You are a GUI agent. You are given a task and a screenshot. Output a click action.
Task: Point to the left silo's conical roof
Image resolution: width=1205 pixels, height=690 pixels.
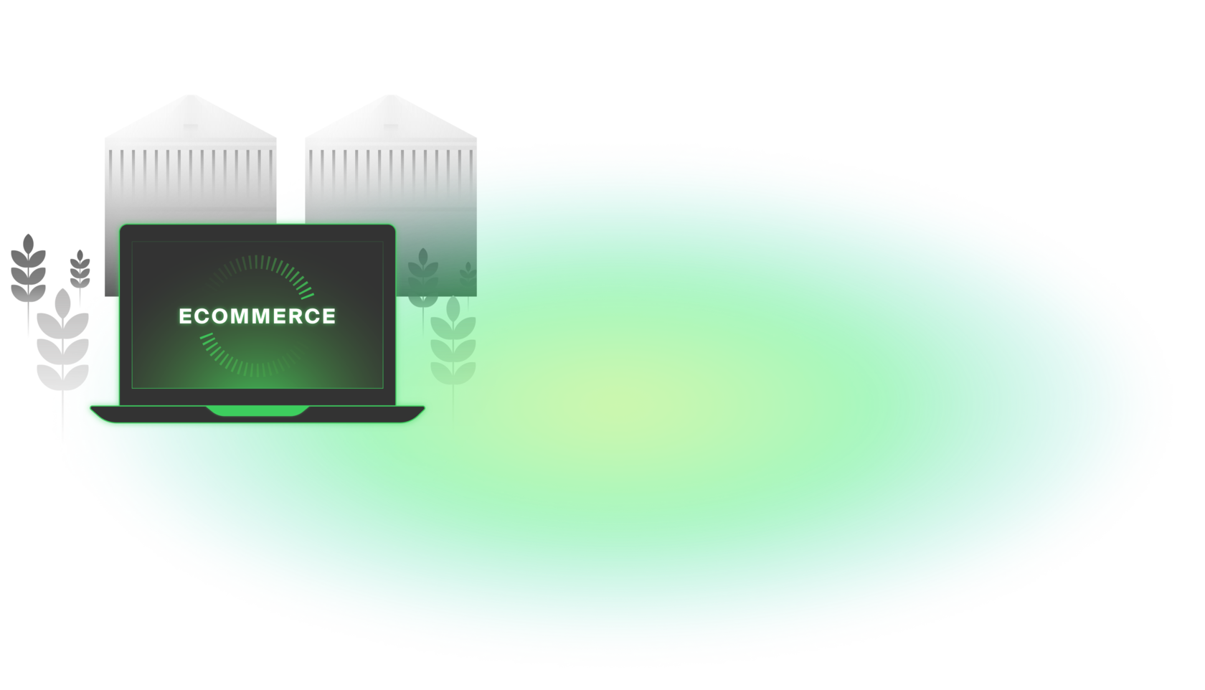(x=190, y=118)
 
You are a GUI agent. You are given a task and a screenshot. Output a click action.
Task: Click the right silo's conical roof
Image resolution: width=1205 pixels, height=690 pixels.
(x=391, y=118)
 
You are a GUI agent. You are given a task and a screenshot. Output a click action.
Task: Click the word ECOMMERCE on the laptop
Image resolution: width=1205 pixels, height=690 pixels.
(x=257, y=316)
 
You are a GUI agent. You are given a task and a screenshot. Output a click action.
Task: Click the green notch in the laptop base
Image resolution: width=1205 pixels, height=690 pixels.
(x=257, y=411)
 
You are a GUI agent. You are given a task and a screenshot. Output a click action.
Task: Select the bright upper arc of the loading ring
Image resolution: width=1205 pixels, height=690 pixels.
(x=287, y=271)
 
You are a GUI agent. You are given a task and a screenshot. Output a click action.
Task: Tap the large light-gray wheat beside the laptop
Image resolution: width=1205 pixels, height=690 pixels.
(x=63, y=344)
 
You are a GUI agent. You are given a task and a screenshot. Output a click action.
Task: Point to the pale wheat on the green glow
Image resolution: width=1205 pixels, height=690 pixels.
(x=453, y=341)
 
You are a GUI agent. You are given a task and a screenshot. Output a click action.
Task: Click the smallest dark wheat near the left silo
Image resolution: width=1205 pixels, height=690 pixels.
(x=80, y=269)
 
